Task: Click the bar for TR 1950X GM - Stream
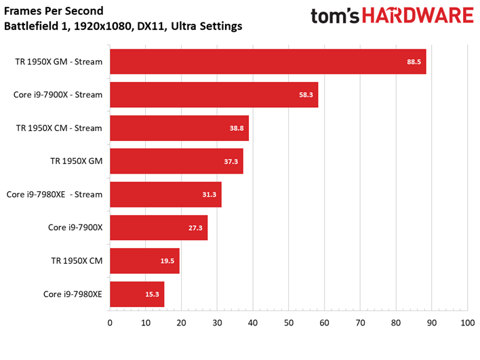click(x=268, y=62)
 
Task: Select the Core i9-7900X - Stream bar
click(x=214, y=95)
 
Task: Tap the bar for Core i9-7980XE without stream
click(x=137, y=294)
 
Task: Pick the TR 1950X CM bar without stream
click(x=145, y=261)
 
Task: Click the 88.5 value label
click(x=414, y=62)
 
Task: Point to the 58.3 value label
click(x=306, y=95)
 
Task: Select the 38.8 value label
click(x=237, y=128)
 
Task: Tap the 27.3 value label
click(x=195, y=228)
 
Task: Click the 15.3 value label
click(x=152, y=294)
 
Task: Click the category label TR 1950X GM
click(x=77, y=161)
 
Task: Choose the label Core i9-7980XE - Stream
click(x=54, y=195)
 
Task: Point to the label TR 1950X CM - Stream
click(x=59, y=128)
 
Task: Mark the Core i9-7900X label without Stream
click(x=75, y=227)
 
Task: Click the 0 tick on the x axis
click(x=110, y=323)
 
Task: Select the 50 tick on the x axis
click(x=289, y=323)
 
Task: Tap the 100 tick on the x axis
click(x=467, y=323)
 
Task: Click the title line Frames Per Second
click(x=54, y=11)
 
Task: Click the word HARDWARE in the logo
click(x=418, y=16)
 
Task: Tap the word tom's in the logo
click(x=335, y=16)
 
